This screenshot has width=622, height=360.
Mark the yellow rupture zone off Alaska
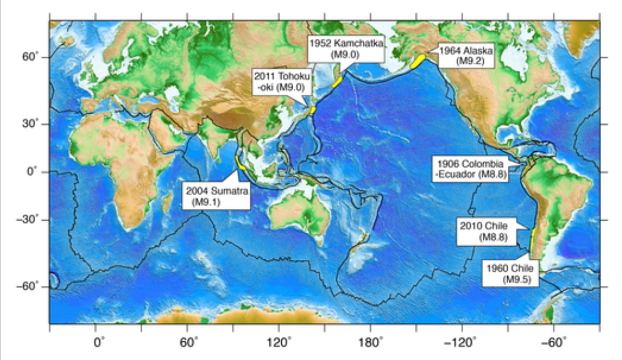(418, 61)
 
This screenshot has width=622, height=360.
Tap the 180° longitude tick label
(372, 342)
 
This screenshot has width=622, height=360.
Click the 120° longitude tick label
(280, 342)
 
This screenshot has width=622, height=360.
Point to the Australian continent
(300, 213)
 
